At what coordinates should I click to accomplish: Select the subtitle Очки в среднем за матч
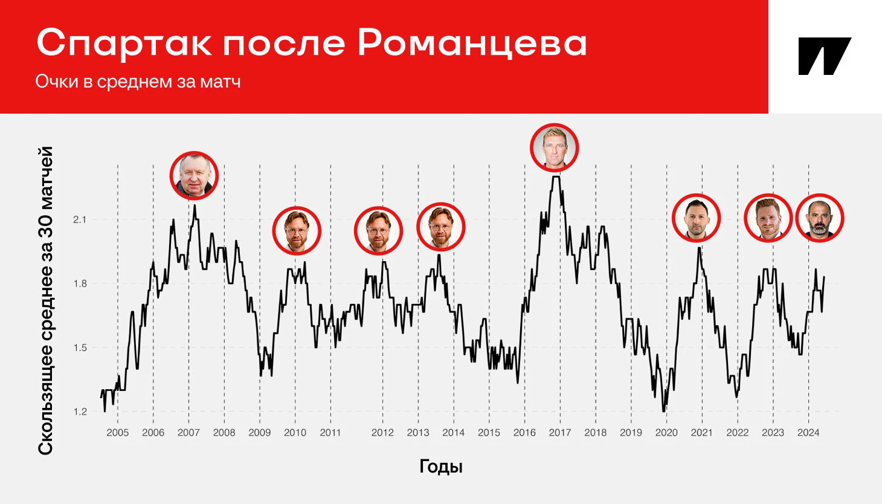pyautogui.click(x=138, y=82)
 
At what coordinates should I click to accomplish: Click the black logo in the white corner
pyautogui.click(x=825, y=56)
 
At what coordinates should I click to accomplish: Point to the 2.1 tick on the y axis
pyautogui.click(x=80, y=219)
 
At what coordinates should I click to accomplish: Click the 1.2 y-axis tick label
pyautogui.click(x=80, y=412)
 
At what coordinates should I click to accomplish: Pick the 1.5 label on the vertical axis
pyautogui.click(x=80, y=347)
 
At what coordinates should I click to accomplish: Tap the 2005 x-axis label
pyautogui.click(x=118, y=432)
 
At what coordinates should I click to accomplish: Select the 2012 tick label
pyautogui.click(x=382, y=432)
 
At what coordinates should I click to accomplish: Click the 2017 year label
pyautogui.click(x=560, y=432)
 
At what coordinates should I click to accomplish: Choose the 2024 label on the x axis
pyautogui.click(x=808, y=432)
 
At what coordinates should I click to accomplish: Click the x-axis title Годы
pyautogui.click(x=441, y=467)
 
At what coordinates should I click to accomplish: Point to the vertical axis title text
pyautogui.click(x=46, y=301)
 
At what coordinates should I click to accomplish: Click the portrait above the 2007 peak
pyautogui.click(x=194, y=176)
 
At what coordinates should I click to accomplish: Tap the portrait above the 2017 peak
pyautogui.click(x=555, y=147)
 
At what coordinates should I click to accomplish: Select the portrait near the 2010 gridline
pyautogui.click(x=297, y=231)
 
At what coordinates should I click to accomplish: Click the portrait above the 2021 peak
pyautogui.click(x=696, y=218)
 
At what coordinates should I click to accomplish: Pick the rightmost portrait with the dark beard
pyautogui.click(x=820, y=218)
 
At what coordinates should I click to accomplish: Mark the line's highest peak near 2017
pyautogui.click(x=556, y=176)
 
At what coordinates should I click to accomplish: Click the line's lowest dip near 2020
pyautogui.click(x=664, y=412)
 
